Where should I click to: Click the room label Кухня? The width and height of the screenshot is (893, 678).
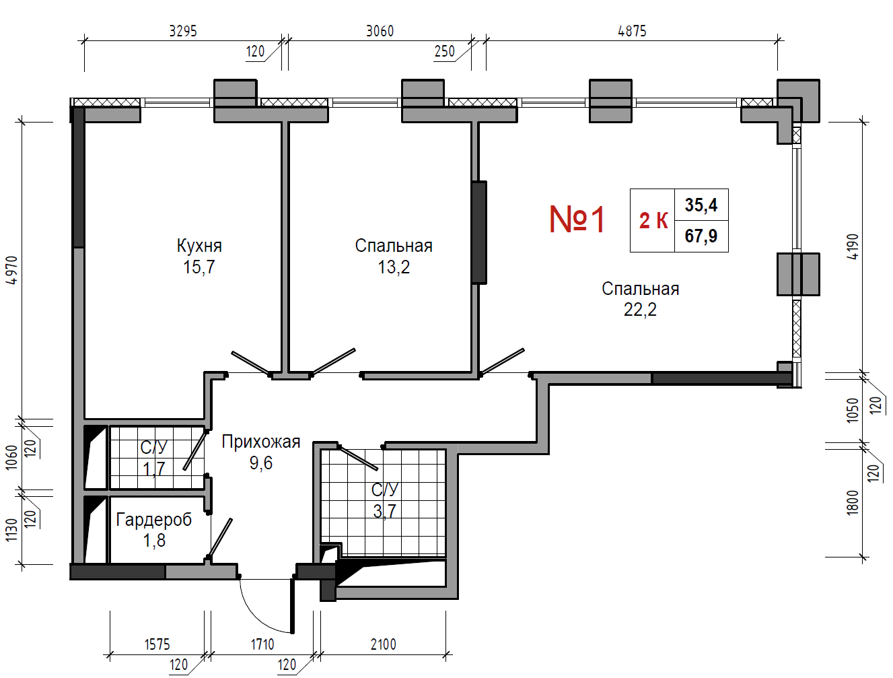tap(199, 246)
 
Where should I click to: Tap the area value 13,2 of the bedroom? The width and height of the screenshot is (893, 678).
tap(394, 267)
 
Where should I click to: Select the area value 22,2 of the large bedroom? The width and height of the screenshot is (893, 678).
tap(640, 310)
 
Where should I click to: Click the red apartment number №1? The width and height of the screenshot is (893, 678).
tap(577, 219)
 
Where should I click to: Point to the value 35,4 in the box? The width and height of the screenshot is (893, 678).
tap(701, 205)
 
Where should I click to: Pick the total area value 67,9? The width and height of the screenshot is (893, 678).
tap(701, 236)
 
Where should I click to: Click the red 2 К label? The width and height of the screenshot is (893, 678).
tap(653, 220)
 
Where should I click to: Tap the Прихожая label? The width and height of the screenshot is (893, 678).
tap(261, 442)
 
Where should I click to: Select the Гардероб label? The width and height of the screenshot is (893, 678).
tap(154, 520)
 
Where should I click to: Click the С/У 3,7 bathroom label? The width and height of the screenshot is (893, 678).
tap(385, 490)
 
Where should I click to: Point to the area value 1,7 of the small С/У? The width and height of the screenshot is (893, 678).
tap(154, 469)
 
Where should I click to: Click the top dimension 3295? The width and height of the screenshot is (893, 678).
tap(183, 31)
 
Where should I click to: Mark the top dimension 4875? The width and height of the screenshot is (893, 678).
tap(632, 31)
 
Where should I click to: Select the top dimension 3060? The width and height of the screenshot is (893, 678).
tap(380, 31)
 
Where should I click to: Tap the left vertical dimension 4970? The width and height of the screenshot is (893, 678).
tap(11, 270)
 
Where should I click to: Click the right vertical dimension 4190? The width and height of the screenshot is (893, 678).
tap(853, 246)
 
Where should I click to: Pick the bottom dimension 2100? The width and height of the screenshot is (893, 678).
tap(383, 644)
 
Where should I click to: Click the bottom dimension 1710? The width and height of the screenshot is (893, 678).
tap(262, 644)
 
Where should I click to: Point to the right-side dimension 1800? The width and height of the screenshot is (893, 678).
tap(853, 502)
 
